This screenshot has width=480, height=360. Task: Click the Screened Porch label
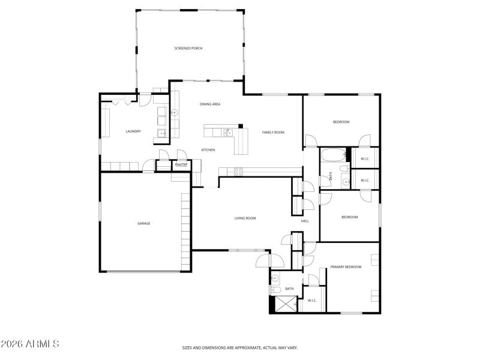click(x=188, y=48)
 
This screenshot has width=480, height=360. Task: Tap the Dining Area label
click(x=210, y=104)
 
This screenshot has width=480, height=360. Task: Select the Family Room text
click(x=273, y=132)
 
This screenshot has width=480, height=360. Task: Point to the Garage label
click(x=144, y=223)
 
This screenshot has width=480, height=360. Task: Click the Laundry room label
click(x=133, y=131)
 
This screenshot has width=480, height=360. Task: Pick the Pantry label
click(x=181, y=164)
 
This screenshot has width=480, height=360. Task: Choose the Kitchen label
click(x=208, y=150)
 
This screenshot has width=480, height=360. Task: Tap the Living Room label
click(x=245, y=218)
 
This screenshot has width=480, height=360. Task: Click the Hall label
click(x=305, y=221)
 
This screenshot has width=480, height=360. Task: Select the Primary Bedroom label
click(x=346, y=267)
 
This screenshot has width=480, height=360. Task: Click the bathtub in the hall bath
click(x=331, y=155)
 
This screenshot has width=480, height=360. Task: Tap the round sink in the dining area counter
click(x=174, y=112)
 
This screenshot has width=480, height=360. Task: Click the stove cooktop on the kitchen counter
click(x=238, y=171)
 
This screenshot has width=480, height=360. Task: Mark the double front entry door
click(x=270, y=260)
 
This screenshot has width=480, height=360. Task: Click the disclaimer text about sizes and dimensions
click(x=240, y=347)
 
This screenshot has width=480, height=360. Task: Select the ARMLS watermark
click(x=30, y=344)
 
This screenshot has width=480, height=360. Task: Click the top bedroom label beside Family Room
click(x=341, y=122)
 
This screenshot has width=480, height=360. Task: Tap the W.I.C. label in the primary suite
click(x=312, y=301)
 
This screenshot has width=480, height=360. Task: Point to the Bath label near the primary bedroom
click(x=289, y=289)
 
